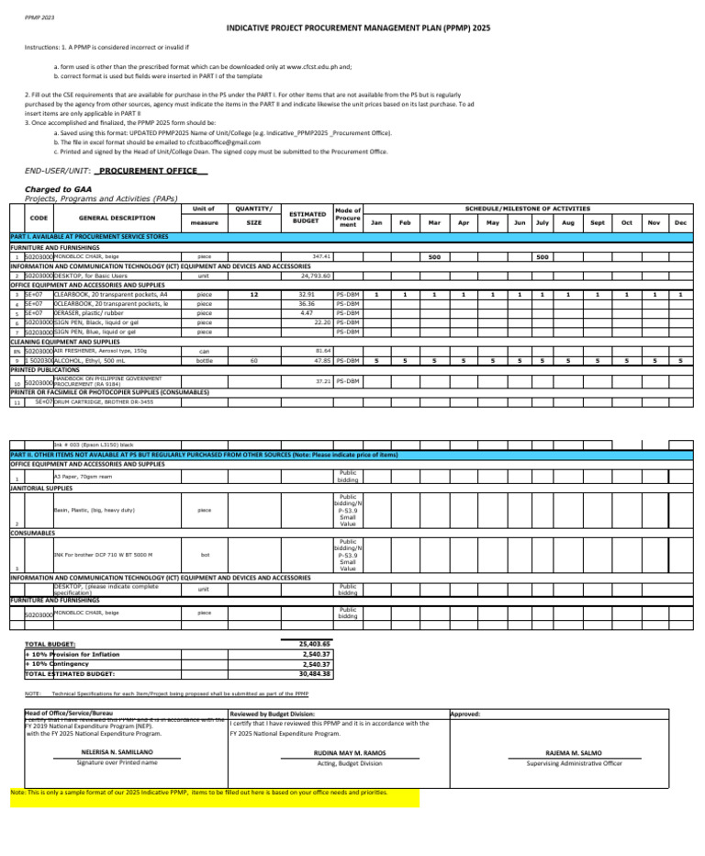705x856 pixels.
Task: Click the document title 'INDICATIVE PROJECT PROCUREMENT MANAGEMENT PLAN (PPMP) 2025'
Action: [358, 28]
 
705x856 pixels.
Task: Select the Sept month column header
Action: [597, 222]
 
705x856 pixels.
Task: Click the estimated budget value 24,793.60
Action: [316, 275]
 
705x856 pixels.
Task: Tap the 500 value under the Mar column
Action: [435, 256]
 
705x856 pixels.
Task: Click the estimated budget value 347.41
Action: [321, 256]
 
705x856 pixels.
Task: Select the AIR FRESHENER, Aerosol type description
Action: [101, 325]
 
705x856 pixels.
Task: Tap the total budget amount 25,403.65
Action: [315, 645]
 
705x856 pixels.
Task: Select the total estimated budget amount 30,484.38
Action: [315, 673]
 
